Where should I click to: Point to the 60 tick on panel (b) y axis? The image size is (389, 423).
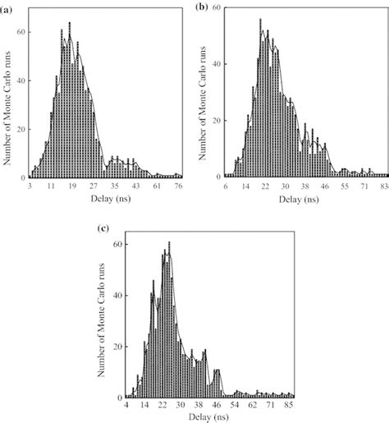click(x=215, y=7)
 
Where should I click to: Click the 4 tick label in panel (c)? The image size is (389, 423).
click(x=126, y=406)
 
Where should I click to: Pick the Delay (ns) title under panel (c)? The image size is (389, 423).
click(x=208, y=417)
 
